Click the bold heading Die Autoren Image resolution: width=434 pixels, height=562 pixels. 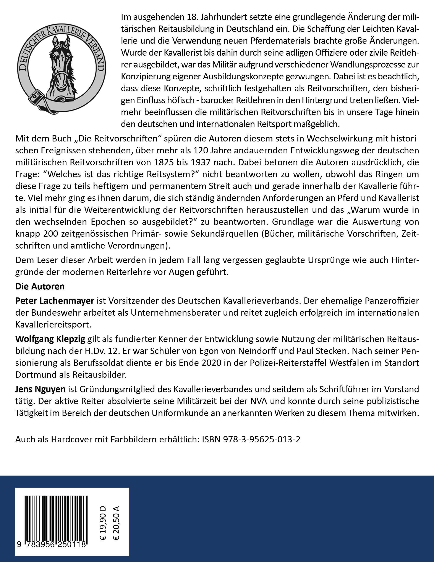[40, 286]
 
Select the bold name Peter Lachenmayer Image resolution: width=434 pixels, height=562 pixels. [55, 300]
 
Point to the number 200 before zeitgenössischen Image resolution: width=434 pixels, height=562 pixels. [48, 234]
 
